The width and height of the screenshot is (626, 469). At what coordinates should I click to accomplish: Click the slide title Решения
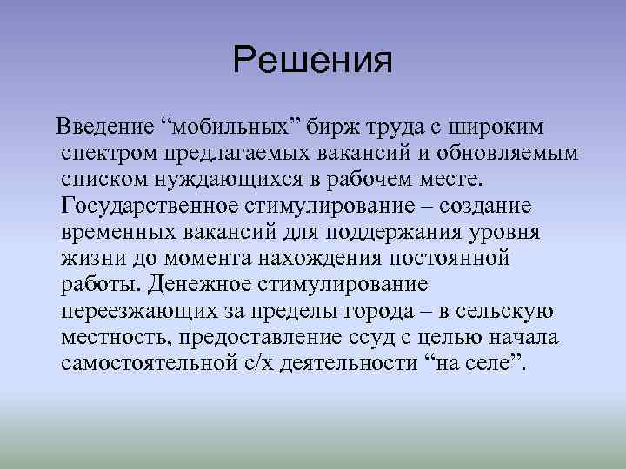tap(313, 60)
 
